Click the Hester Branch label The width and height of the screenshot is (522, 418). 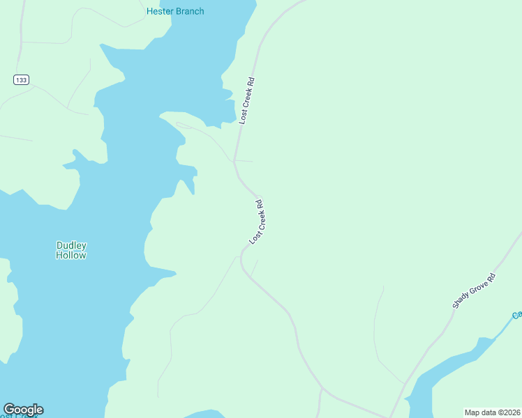[175, 11]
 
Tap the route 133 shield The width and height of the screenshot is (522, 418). [21, 80]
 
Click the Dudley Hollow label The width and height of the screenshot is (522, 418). [71, 250]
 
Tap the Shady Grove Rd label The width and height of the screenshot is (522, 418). [473, 291]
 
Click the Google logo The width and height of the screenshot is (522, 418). [23, 410]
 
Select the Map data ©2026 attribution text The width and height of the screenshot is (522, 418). [493, 412]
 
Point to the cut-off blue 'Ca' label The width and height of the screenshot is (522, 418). [516, 315]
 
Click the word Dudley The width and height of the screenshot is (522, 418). [71, 245]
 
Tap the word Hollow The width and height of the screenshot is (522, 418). [71, 255]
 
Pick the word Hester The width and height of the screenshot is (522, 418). [160, 11]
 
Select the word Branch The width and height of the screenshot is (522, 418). [190, 11]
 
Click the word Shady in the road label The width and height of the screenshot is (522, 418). [461, 300]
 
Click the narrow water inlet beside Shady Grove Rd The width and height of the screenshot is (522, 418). [447, 366]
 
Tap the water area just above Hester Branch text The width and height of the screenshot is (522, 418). [209, 3]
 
